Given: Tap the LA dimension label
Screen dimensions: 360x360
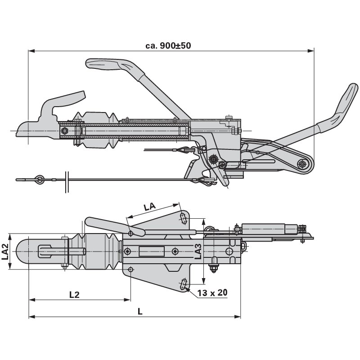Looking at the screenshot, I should click(149, 207).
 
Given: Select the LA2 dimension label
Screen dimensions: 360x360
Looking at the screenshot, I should click(6, 252).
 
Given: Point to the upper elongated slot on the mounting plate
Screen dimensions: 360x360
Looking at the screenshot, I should click(184, 218).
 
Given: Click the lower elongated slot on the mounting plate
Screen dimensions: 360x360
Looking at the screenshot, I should click(184, 284).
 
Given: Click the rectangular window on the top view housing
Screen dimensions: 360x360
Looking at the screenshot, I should click(148, 251).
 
